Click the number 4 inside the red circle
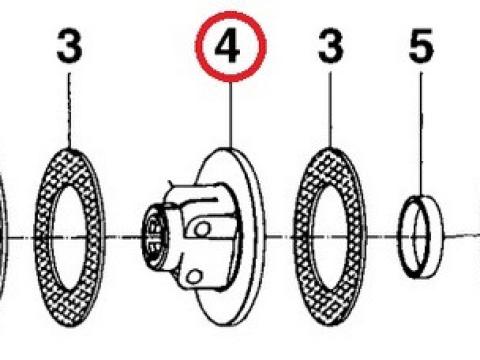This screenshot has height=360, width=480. pos(228,47)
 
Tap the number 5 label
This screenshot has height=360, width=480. pos(421,46)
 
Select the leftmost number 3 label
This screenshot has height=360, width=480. pos(69,46)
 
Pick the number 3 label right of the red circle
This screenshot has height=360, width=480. pos(330,46)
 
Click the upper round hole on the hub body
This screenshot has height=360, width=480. pos(202,229)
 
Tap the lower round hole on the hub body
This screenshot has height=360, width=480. pos(194,276)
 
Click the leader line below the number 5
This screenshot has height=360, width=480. pos(421,134)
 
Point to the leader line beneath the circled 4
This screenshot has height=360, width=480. pos(231,114)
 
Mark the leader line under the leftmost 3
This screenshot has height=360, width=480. pos(69,111)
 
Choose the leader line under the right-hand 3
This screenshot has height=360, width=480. pos(330,110)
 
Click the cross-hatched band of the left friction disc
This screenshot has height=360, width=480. pos(43,237)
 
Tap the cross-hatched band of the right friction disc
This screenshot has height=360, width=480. pos(302,237)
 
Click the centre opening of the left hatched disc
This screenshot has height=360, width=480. pos(69,237)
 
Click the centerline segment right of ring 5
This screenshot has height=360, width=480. pos(462,236)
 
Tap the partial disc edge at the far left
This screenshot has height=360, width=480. pos(3,237)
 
